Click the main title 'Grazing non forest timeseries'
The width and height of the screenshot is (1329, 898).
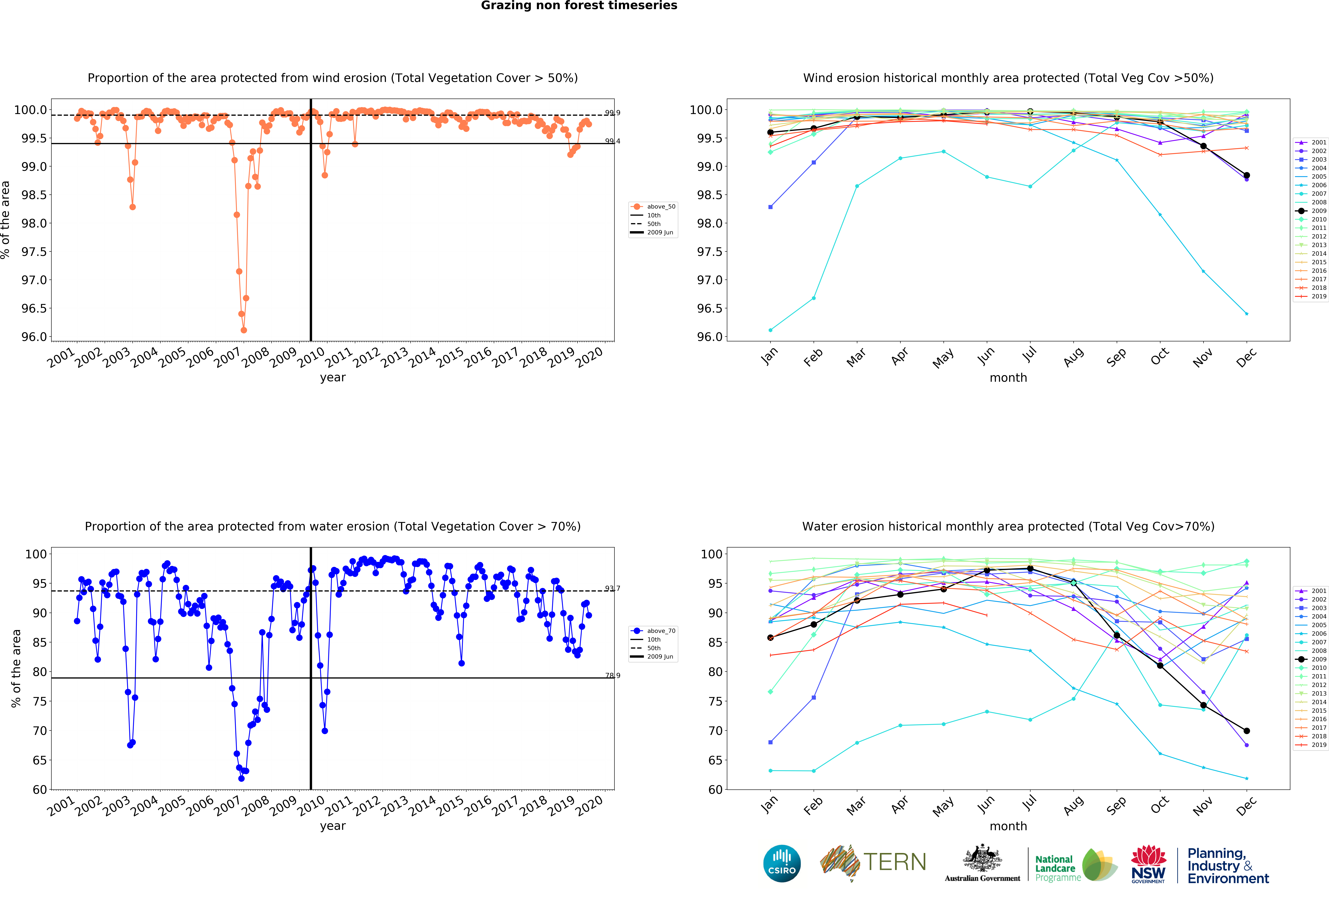[x=579, y=6]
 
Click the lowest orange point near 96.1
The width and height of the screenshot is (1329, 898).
[x=244, y=330]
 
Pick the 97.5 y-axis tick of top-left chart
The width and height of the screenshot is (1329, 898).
[x=34, y=252]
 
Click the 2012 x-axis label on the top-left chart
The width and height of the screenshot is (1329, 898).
[x=366, y=358]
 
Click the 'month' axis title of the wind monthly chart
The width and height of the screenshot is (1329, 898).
[x=1008, y=378]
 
